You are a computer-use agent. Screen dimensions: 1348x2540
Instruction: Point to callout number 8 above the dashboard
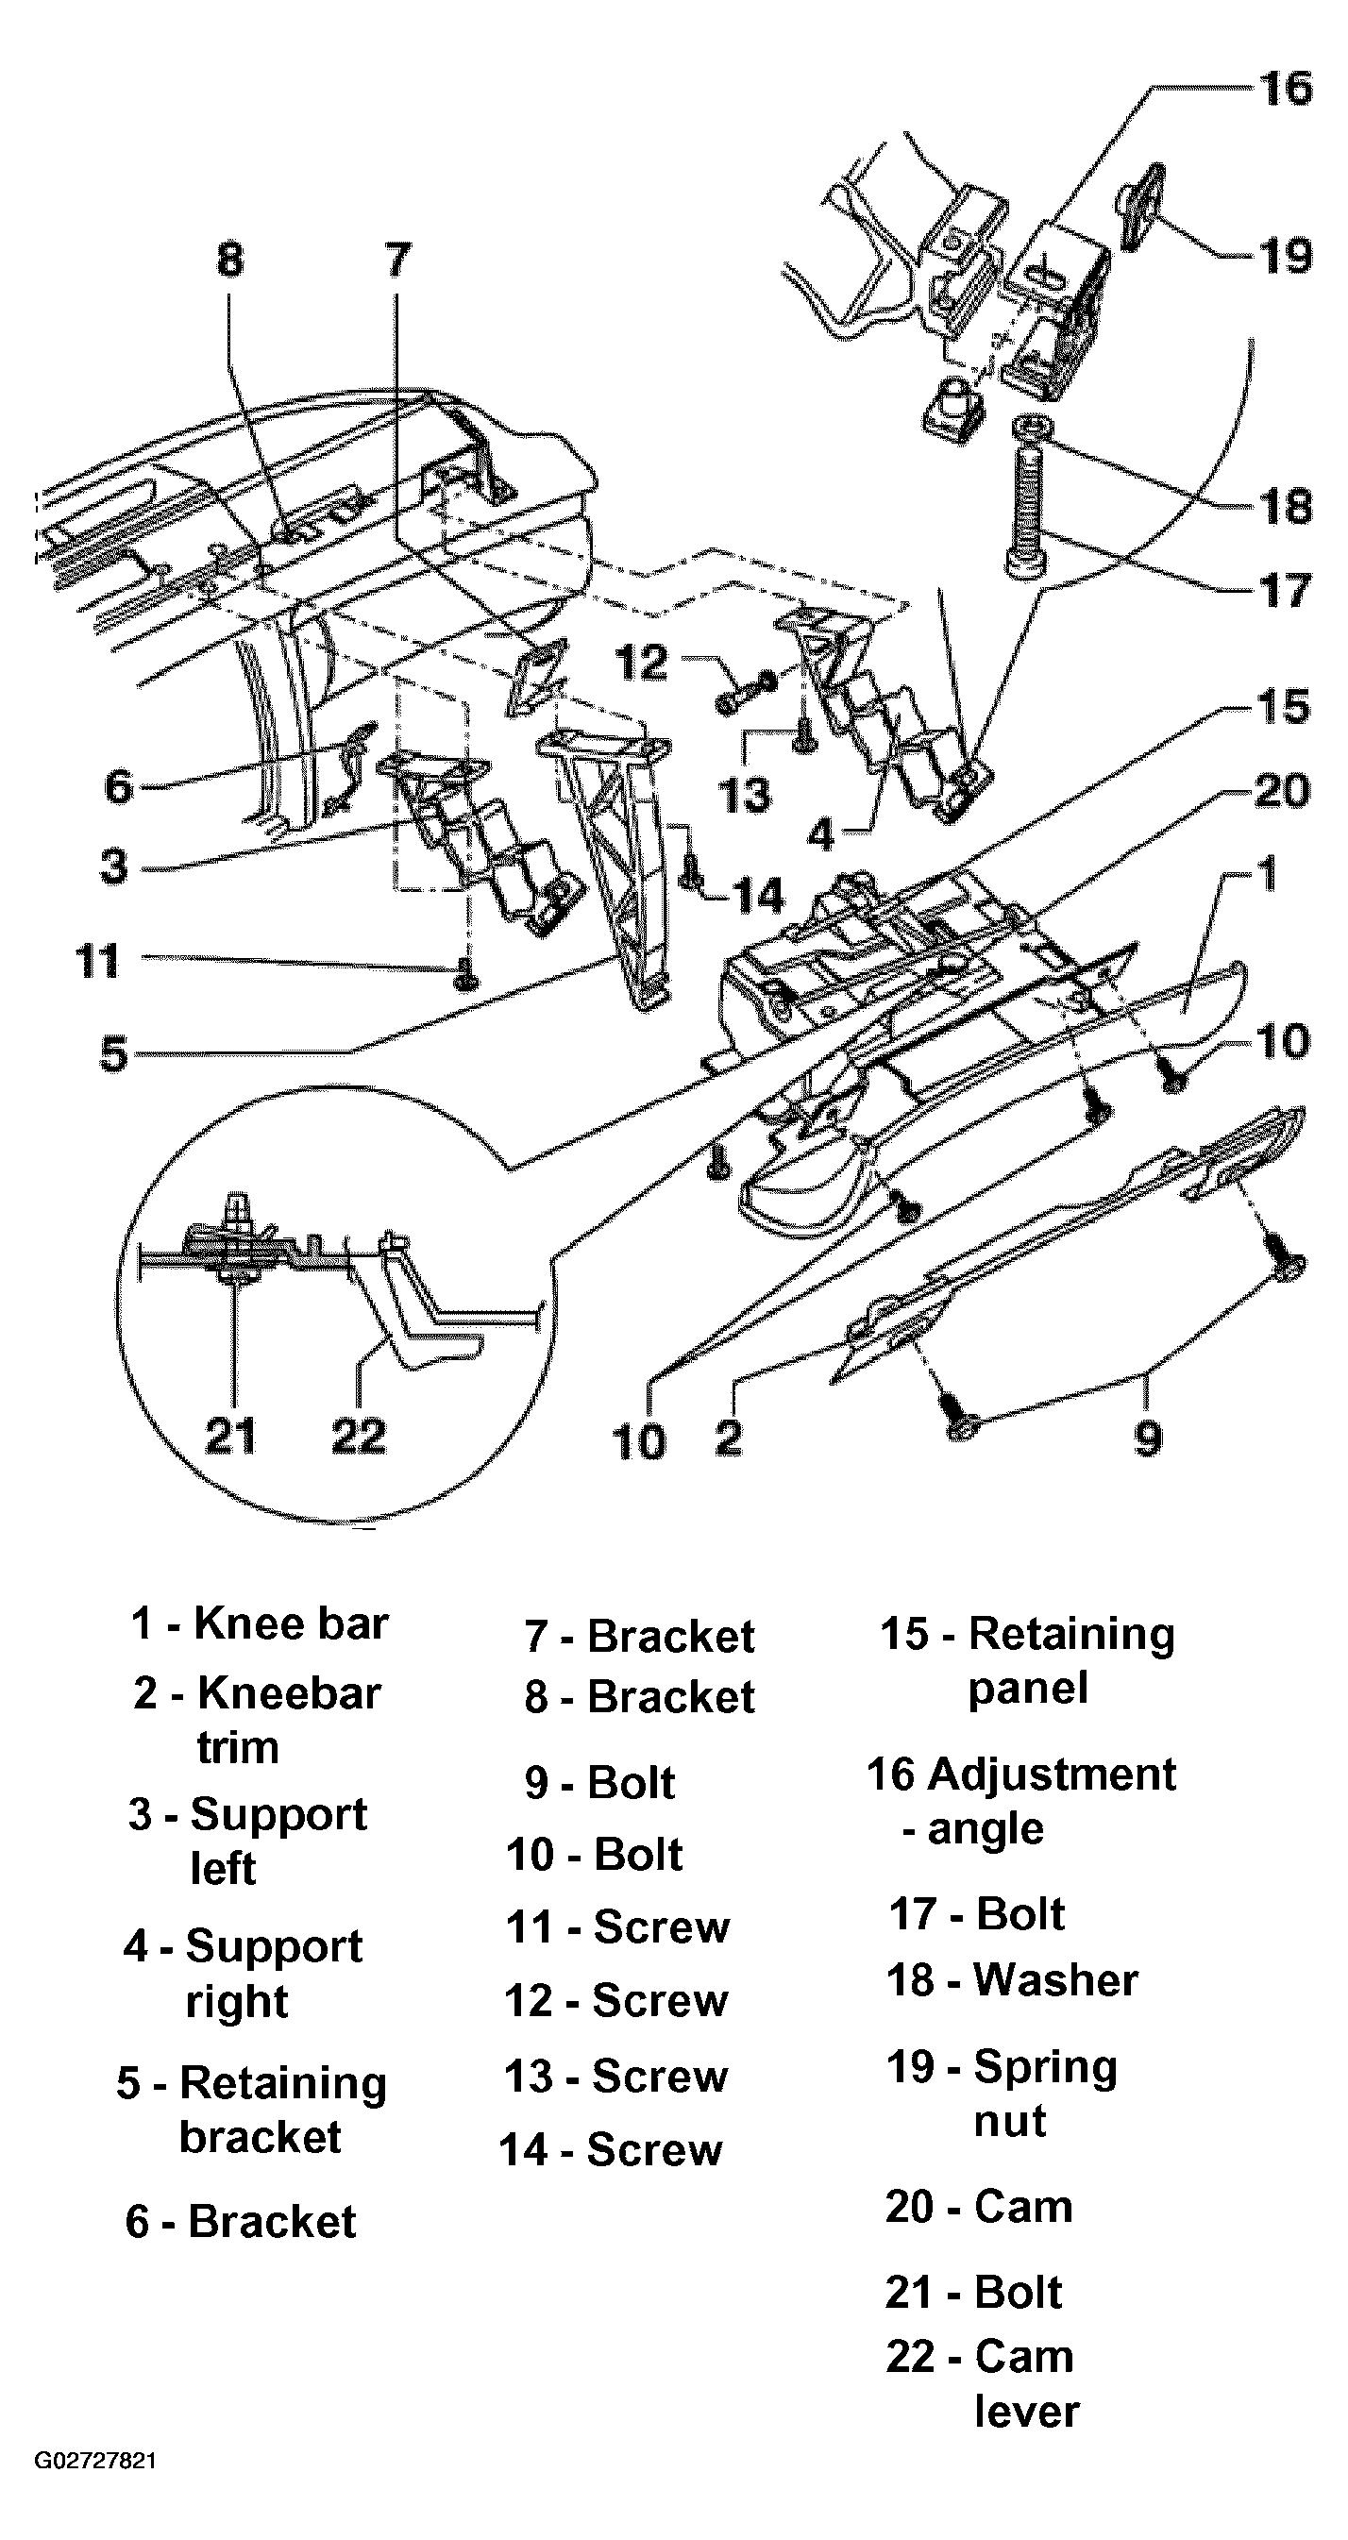point(229,261)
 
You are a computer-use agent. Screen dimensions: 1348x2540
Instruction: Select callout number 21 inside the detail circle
point(230,1435)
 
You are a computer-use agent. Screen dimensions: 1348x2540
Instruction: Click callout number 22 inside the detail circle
point(359,1435)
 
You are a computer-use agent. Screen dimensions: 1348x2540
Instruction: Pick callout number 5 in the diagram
point(114,1053)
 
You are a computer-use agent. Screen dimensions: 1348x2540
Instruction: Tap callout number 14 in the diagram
point(757,897)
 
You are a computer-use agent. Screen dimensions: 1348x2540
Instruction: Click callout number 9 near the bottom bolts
point(1148,1437)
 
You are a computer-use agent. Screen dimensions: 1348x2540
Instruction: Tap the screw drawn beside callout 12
point(746,693)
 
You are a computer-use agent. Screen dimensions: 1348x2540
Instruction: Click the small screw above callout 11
point(465,976)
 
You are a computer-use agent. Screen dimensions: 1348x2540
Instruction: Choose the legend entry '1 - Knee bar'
point(260,1623)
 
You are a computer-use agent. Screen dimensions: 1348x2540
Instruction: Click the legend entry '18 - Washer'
point(1012,1979)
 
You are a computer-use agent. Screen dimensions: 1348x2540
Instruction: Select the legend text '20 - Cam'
point(978,2206)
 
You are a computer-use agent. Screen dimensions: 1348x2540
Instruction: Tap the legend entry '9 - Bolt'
point(599,1782)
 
